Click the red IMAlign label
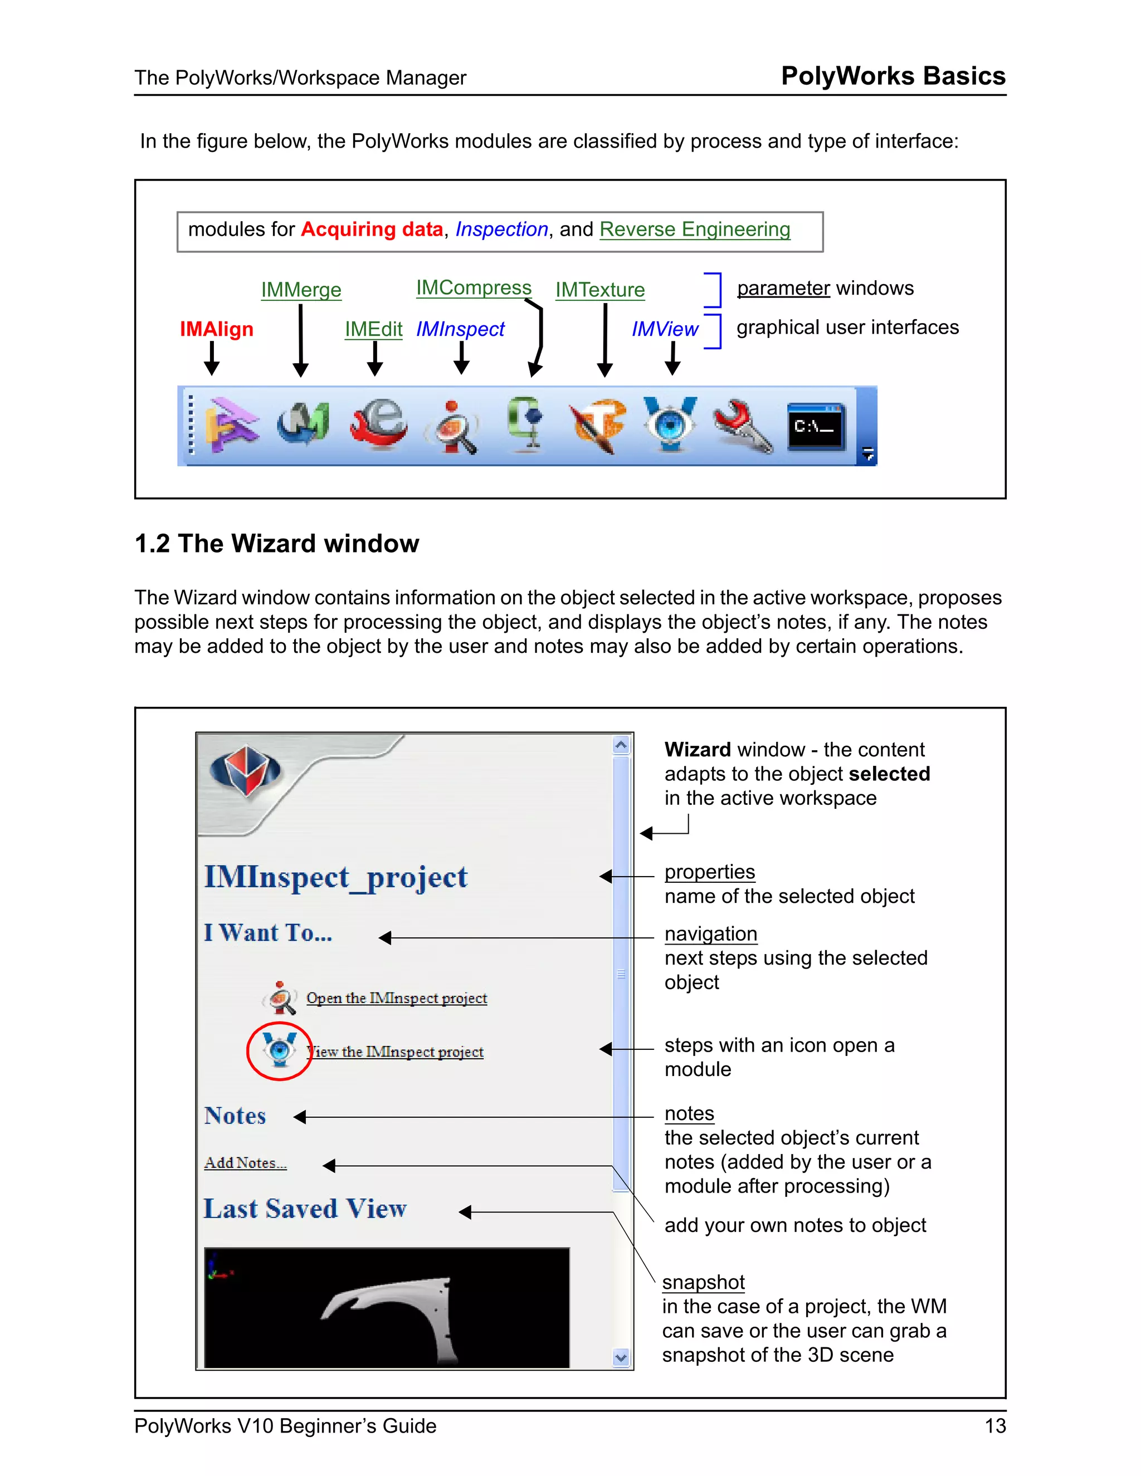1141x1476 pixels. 216,329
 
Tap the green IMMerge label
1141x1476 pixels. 301,290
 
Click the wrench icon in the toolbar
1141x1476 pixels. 742,426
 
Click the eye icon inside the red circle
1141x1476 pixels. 279,1049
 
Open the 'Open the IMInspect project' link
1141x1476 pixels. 396,998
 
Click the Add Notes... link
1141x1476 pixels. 245,1163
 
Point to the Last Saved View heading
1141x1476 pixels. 305,1209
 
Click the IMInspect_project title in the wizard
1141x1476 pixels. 335,877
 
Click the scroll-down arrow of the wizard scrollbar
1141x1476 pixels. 621,1356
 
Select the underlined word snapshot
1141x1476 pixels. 703,1282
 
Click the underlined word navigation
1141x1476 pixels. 710,934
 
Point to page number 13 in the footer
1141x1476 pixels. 995,1426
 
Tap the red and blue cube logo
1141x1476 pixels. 245,770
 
